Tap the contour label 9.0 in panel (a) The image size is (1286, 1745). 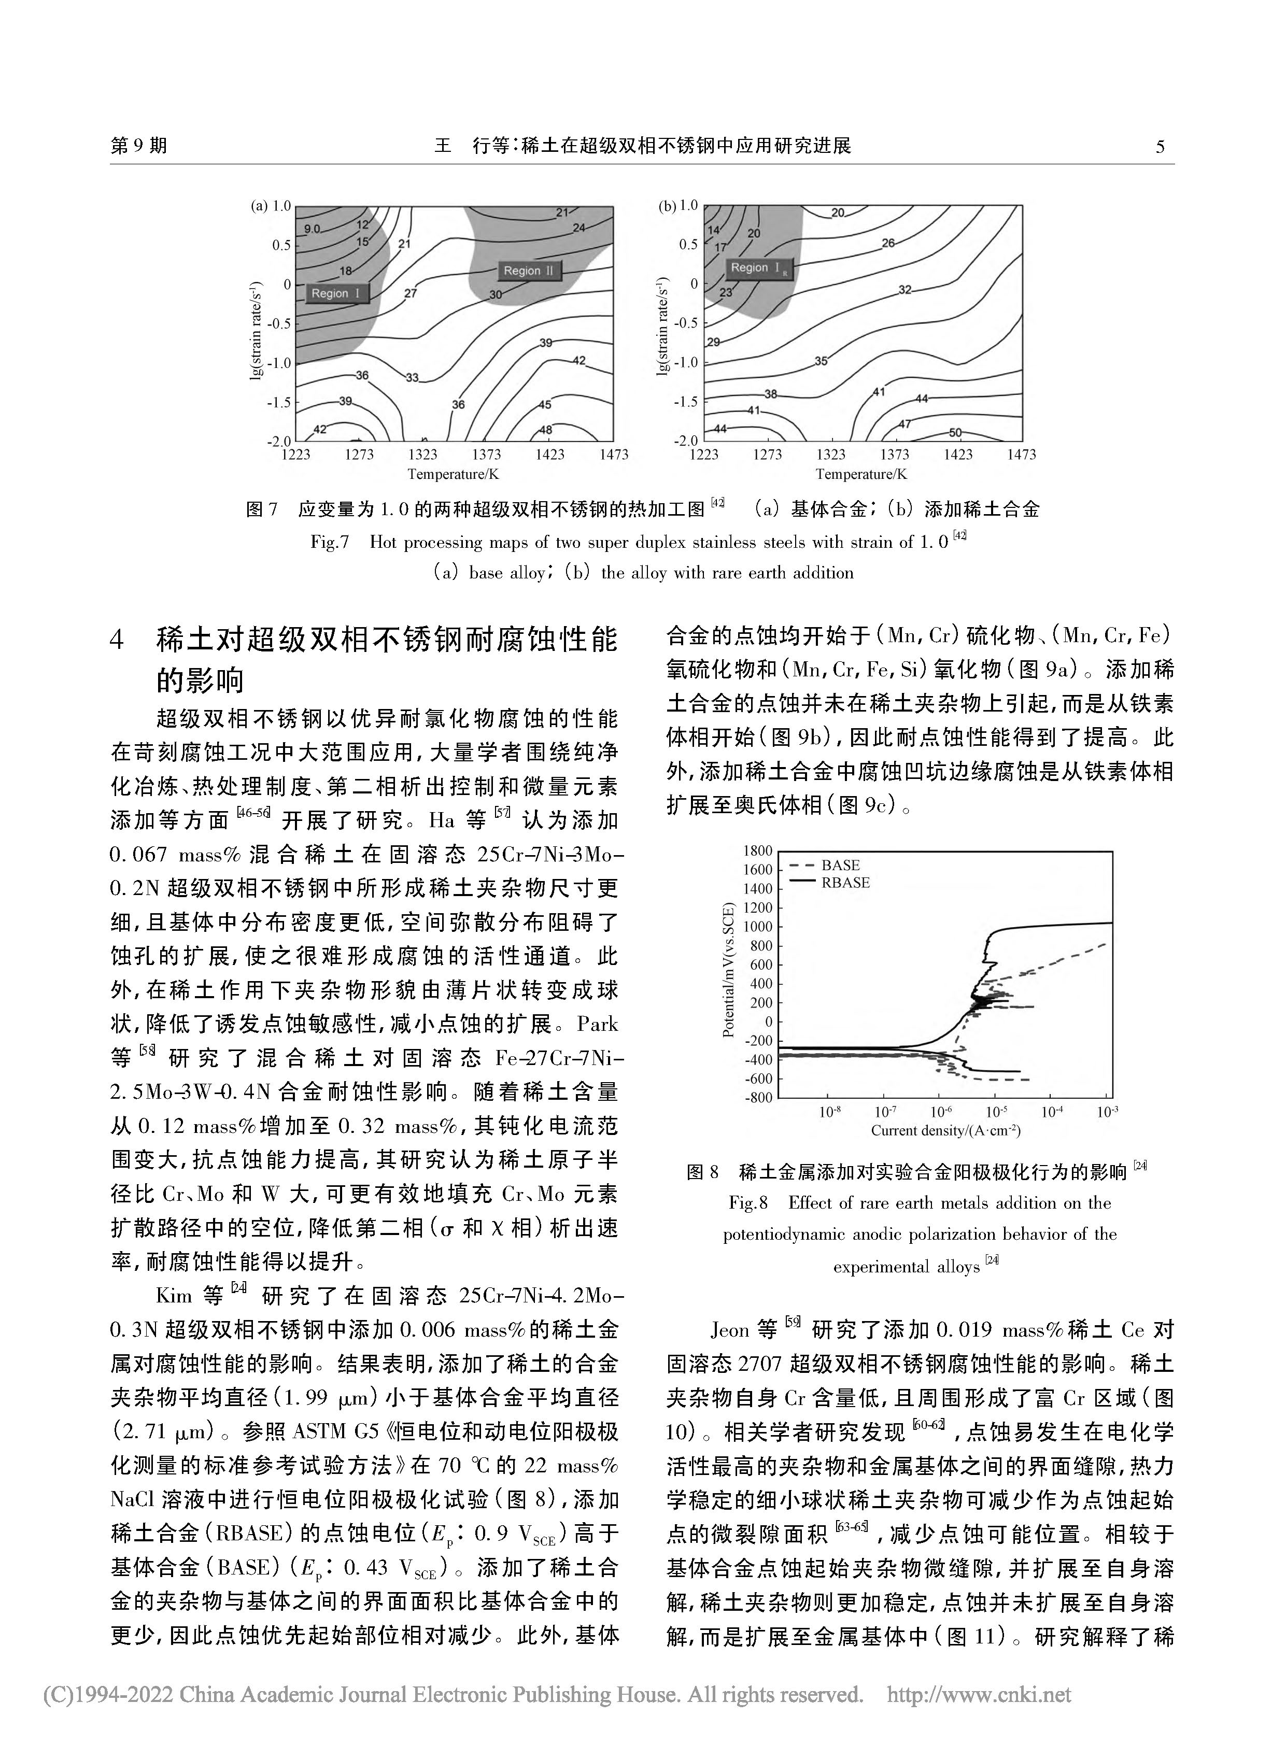[x=312, y=228]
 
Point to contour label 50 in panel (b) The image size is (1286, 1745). [x=956, y=433]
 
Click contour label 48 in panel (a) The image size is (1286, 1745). [x=546, y=430]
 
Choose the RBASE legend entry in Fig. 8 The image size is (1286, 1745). [x=845, y=883]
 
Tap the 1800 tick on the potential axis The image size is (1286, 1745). [x=758, y=850]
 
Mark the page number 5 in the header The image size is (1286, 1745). [x=1160, y=146]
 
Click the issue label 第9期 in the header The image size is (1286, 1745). [x=139, y=146]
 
